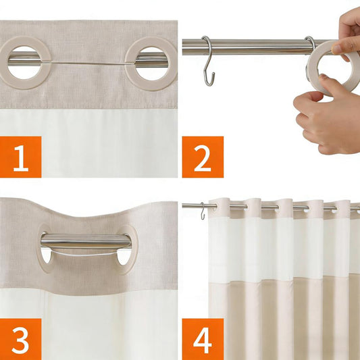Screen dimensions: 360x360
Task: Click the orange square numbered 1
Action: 21,157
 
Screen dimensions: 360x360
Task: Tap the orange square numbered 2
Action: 203,157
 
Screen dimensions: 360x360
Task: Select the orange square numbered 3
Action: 21,339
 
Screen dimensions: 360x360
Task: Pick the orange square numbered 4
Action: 203,339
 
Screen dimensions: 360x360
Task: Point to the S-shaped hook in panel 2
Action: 208,62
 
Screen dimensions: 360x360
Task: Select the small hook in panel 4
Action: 203,211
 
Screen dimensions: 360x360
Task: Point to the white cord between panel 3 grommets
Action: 84,255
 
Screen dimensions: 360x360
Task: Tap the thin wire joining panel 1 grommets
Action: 88,63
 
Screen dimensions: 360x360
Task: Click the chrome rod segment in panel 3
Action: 86,241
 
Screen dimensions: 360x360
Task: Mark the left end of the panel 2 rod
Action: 183,47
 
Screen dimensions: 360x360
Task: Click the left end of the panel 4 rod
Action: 182,205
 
